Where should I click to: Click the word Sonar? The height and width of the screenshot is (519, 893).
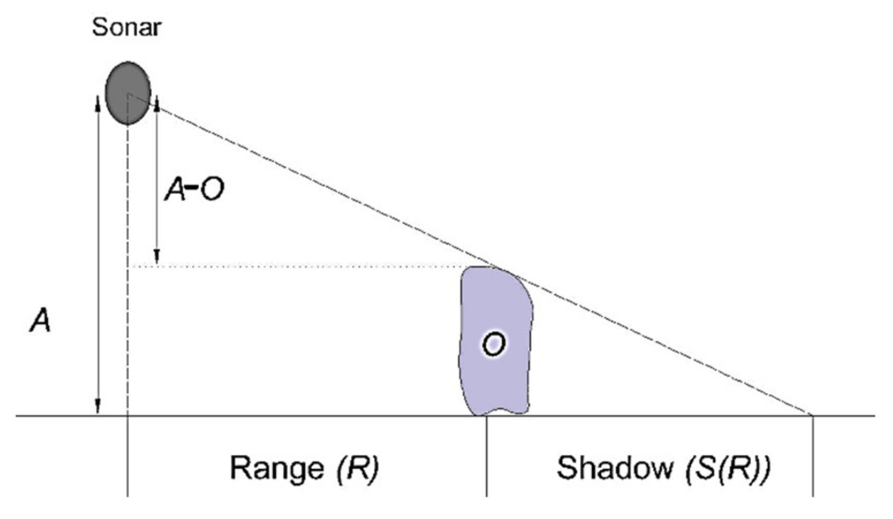click(x=126, y=27)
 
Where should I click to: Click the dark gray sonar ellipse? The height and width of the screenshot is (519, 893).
click(x=128, y=93)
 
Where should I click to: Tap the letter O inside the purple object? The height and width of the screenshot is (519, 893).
click(x=494, y=344)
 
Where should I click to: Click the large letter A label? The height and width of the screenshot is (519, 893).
click(x=40, y=321)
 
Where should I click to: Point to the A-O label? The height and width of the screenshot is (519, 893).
click(x=194, y=189)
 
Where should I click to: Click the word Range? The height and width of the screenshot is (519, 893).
click(x=277, y=468)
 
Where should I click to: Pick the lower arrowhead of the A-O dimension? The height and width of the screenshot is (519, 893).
click(x=156, y=257)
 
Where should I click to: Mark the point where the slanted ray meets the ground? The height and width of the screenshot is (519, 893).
click(x=812, y=415)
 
